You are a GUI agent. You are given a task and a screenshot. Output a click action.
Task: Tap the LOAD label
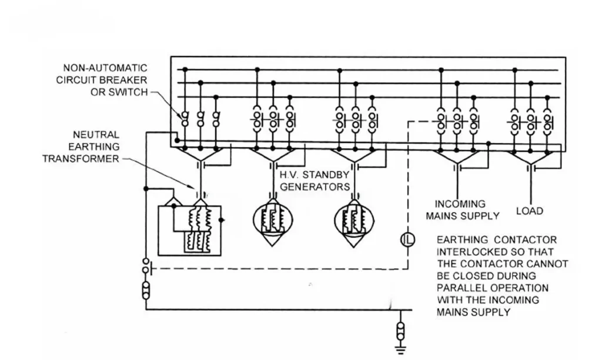click(x=529, y=211)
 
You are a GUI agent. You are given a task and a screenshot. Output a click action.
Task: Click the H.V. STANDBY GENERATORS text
click(x=315, y=181)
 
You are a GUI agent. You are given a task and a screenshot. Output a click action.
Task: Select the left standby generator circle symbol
click(x=272, y=222)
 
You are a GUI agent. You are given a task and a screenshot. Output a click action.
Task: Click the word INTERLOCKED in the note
click(x=470, y=252)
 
